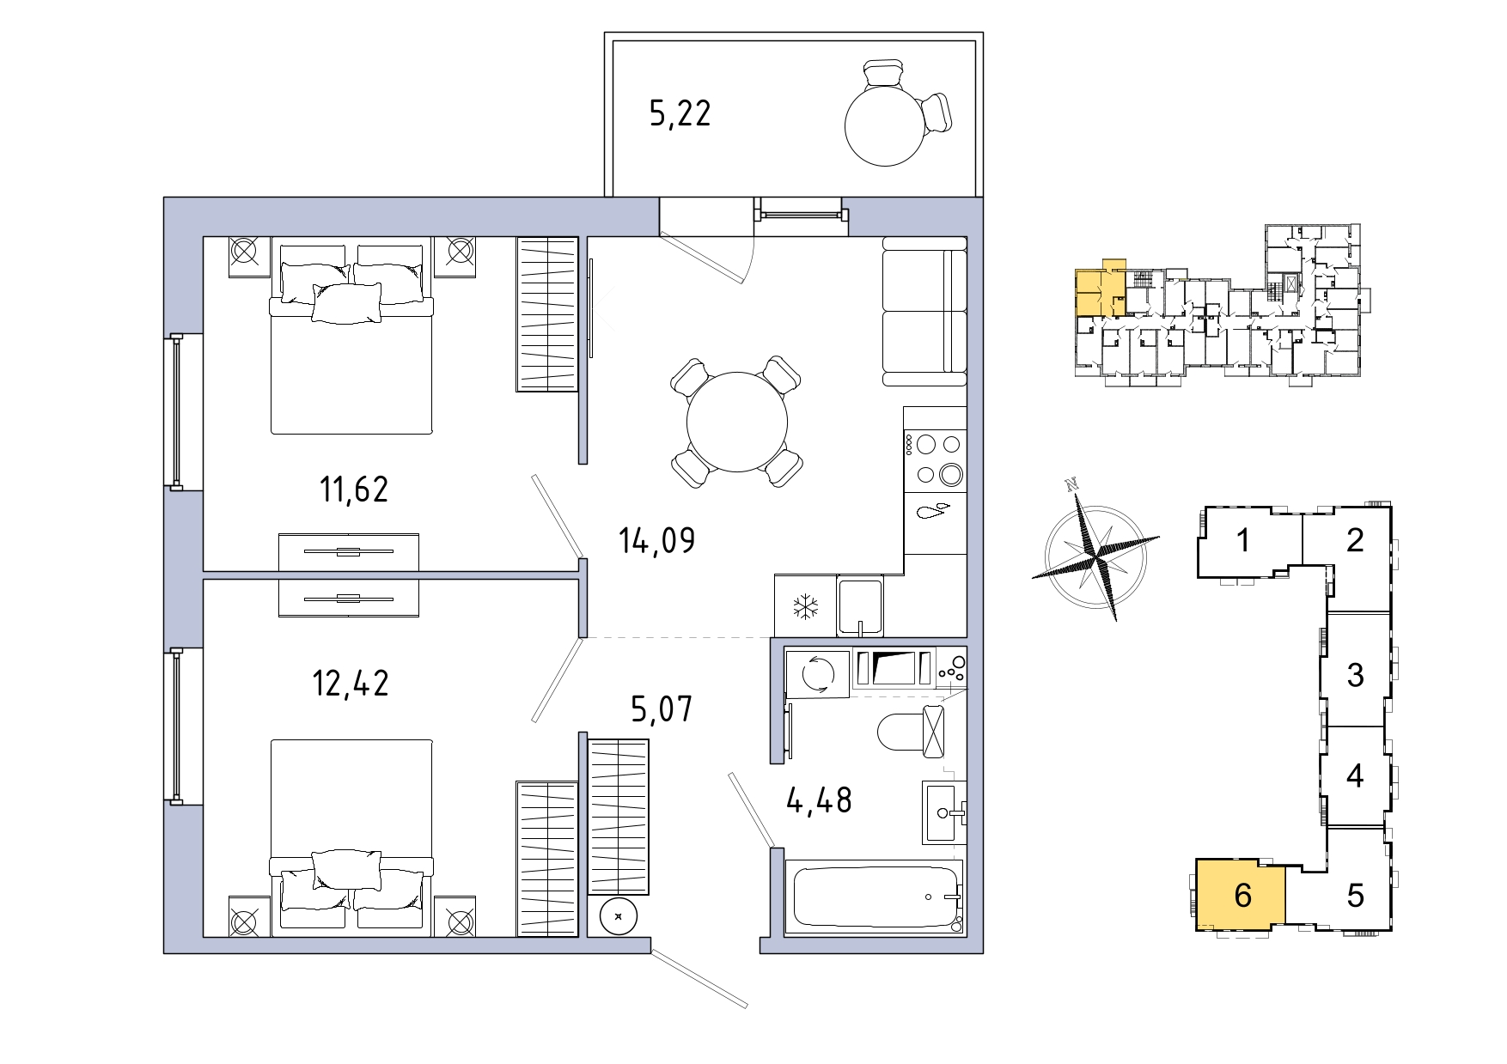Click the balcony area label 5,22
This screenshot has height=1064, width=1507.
[x=680, y=113]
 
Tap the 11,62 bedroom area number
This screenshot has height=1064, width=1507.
[x=354, y=489]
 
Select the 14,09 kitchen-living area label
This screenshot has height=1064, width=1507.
[x=657, y=540]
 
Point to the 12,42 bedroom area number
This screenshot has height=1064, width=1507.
[x=351, y=683]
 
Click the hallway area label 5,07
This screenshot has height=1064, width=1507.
[x=662, y=709]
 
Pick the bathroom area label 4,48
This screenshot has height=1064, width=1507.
[x=820, y=800]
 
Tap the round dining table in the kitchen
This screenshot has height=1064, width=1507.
[x=737, y=422]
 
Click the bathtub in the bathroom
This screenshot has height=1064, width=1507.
[x=876, y=897]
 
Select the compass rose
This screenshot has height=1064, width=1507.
[x=1095, y=550]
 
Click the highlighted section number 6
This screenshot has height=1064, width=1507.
[x=1242, y=895]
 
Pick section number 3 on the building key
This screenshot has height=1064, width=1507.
[x=1355, y=675]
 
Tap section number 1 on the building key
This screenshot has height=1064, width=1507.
[x=1242, y=540]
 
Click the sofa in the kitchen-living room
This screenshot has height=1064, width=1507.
[x=925, y=312]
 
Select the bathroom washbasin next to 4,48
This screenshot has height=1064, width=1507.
[x=944, y=812]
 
